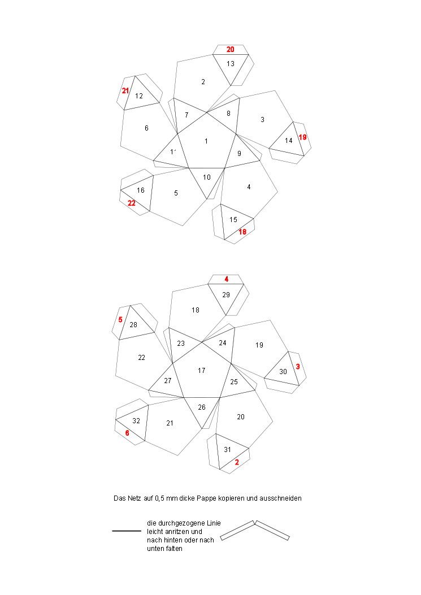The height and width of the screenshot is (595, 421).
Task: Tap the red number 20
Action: [231, 50]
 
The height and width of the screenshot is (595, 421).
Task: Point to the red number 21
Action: [125, 90]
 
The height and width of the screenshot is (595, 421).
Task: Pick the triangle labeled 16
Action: [140, 191]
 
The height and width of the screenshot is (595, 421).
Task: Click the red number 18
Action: [242, 232]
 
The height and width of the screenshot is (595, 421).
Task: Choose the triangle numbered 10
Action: [207, 179]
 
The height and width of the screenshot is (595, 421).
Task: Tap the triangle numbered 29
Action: [226, 296]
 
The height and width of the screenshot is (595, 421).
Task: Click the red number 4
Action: [226, 279]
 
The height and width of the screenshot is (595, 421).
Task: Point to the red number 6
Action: [127, 433]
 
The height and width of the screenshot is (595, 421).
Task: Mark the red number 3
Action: [298, 367]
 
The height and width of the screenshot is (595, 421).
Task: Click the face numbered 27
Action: [167, 381]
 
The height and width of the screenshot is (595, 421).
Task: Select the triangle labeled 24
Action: [221, 344]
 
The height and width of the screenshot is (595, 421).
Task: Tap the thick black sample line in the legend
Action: [127, 531]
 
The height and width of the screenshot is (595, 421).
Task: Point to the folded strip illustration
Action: [255, 531]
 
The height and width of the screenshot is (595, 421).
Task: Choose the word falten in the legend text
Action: [173, 549]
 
